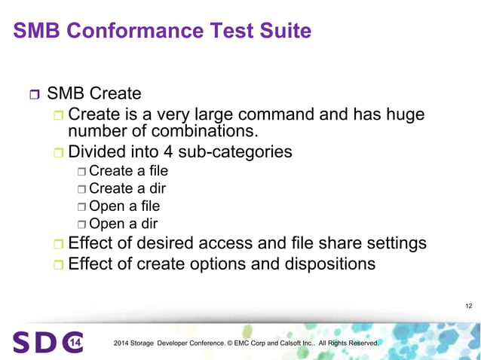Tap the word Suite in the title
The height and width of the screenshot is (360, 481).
click(281, 31)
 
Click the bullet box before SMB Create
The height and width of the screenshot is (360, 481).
click(33, 96)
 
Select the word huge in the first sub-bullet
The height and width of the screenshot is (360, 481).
click(400, 115)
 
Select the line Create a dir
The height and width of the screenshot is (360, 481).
click(126, 188)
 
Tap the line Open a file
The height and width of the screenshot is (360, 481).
click(124, 206)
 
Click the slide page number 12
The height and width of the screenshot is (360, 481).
click(469, 306)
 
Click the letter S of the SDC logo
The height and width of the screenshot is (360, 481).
click(21, 343)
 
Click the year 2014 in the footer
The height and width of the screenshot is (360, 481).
click(121, 344)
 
